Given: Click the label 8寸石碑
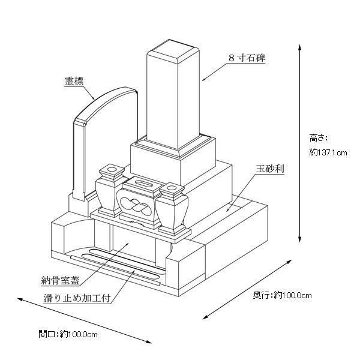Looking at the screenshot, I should [247, 58].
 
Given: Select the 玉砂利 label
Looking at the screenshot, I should [269, 169].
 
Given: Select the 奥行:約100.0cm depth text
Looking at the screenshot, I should [282, 295].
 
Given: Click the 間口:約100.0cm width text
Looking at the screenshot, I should [68, 333].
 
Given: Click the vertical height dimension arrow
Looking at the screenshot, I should [299, 144].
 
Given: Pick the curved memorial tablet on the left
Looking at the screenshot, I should [102, 144].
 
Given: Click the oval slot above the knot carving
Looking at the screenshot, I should [144, 181].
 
